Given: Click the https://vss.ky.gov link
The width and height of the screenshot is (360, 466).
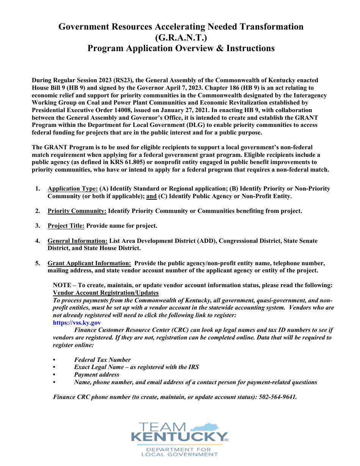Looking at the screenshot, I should [x=77, y=323].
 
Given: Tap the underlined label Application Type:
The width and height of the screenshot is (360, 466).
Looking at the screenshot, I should [x=73, y=189].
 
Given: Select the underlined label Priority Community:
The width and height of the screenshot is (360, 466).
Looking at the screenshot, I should [x=77, y=211].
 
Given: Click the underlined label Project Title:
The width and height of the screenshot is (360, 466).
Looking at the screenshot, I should [x=66, y=226].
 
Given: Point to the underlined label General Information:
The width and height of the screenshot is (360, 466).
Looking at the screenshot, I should [x=78, y=241].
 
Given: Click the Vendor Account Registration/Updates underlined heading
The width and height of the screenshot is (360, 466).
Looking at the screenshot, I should [x=106, y=293].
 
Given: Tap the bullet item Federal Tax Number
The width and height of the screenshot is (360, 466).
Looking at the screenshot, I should [x=102, y=360].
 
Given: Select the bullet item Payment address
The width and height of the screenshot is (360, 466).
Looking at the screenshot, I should [x=97, y=375].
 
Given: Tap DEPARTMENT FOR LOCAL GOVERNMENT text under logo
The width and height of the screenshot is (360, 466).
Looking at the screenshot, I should [x=180, y=452].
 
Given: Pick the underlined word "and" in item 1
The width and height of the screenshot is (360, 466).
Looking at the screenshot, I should [x=151, y=196].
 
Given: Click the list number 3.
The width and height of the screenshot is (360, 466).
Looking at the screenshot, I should [x=38, y=226].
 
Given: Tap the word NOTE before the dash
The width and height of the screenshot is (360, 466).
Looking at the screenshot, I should [x=61, y=285].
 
